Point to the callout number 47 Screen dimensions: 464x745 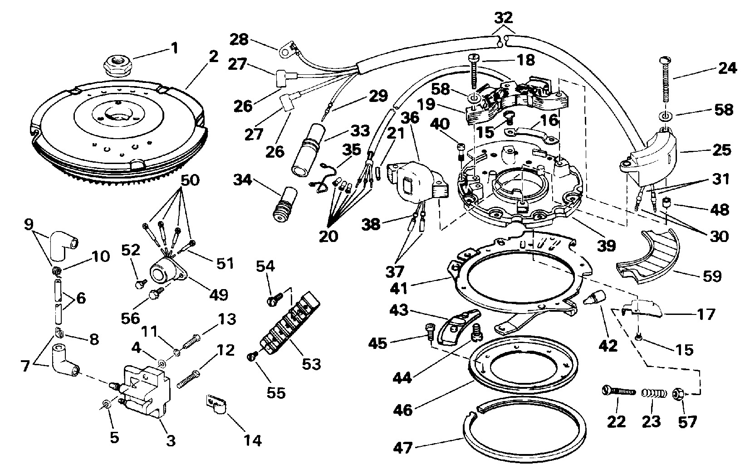click(x=403, y=449)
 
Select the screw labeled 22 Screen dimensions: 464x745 click(x=618, y=391)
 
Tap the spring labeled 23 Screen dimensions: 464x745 click(x=651, y=392)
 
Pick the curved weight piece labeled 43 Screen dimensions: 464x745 click(x=458, y=324)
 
